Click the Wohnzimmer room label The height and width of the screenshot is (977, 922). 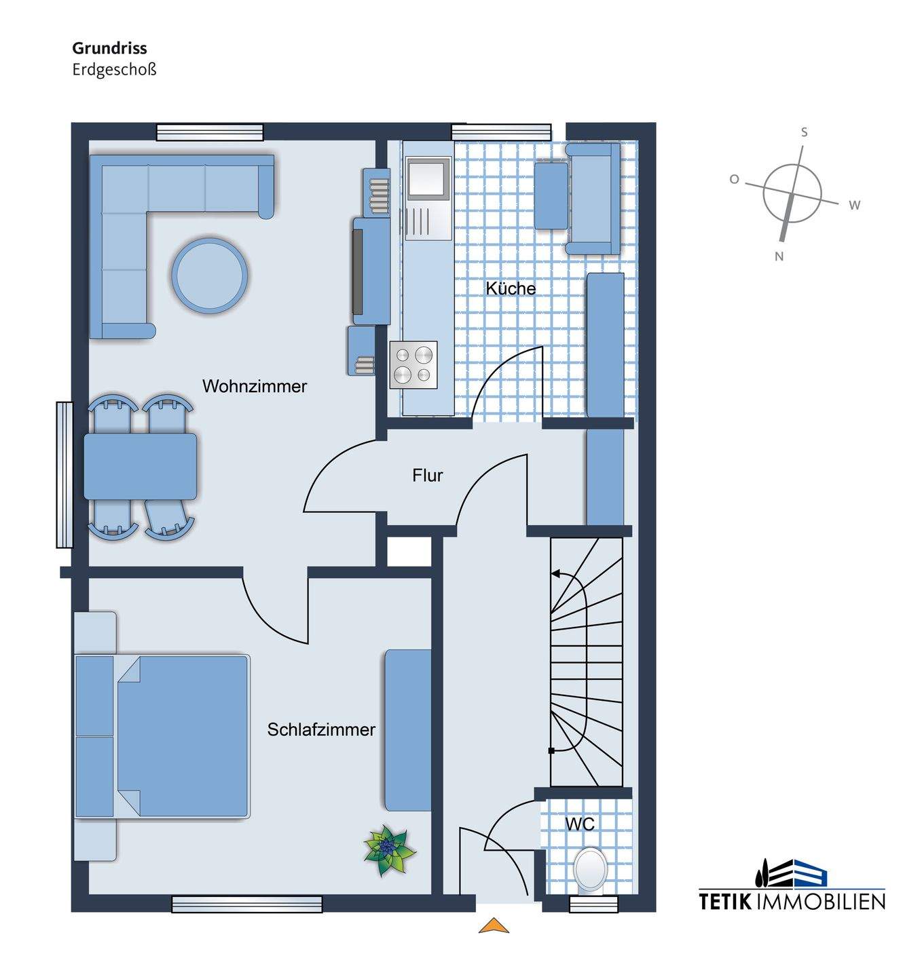[x=255, y=386]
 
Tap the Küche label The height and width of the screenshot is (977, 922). [x=511, y=288]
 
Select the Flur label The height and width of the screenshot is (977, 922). [x=427, y=475]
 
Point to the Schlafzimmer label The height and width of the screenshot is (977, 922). [x=321, y=729]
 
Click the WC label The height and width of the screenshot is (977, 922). [x=579, y=824]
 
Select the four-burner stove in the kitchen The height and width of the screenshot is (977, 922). [x=413, y=364]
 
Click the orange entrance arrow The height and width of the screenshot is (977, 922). [x=494, y=925]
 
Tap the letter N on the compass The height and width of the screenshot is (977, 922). [x=779, y=256]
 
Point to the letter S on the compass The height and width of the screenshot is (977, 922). [x=805, y=132]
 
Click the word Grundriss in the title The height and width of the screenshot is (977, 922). [x=109, y=48]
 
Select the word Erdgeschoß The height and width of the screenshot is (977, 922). [x=114, y=69]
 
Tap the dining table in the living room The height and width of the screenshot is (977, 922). [x=141, y=466]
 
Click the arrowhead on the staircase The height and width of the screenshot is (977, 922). [x=555, y=574]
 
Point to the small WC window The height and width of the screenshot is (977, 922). [x=593, y=904]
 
